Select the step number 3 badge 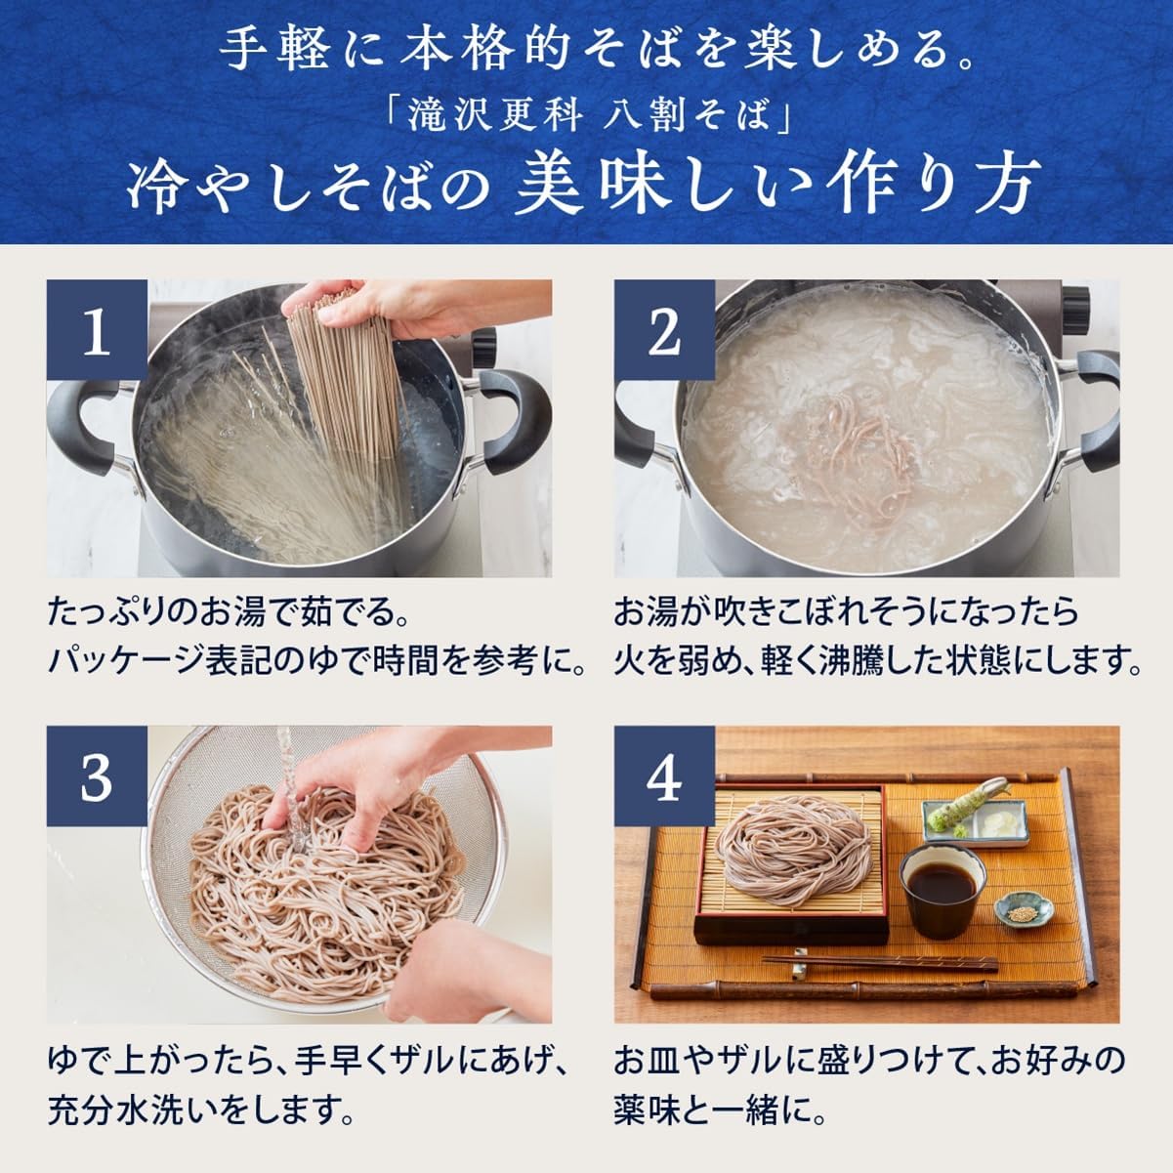point(97,777)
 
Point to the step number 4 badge point(664,777)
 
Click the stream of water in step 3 point(285,772)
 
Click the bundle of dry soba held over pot point(342,381)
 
